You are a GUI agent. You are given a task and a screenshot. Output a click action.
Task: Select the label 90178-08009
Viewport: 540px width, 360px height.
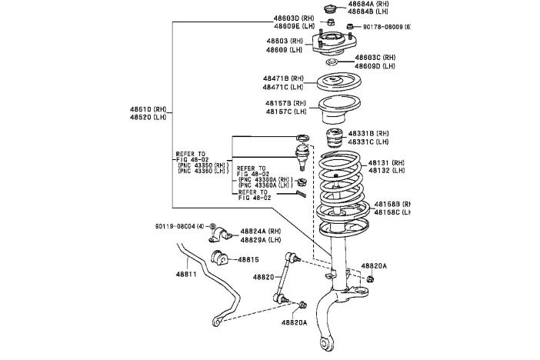pos(382,27)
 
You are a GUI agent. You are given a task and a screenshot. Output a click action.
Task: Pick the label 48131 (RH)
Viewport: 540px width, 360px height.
pos(385,163)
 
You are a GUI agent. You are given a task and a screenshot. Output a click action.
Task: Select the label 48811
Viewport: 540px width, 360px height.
pos(187,273)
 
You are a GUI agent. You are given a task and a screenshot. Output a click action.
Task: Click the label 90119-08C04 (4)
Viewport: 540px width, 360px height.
pos(179,226)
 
